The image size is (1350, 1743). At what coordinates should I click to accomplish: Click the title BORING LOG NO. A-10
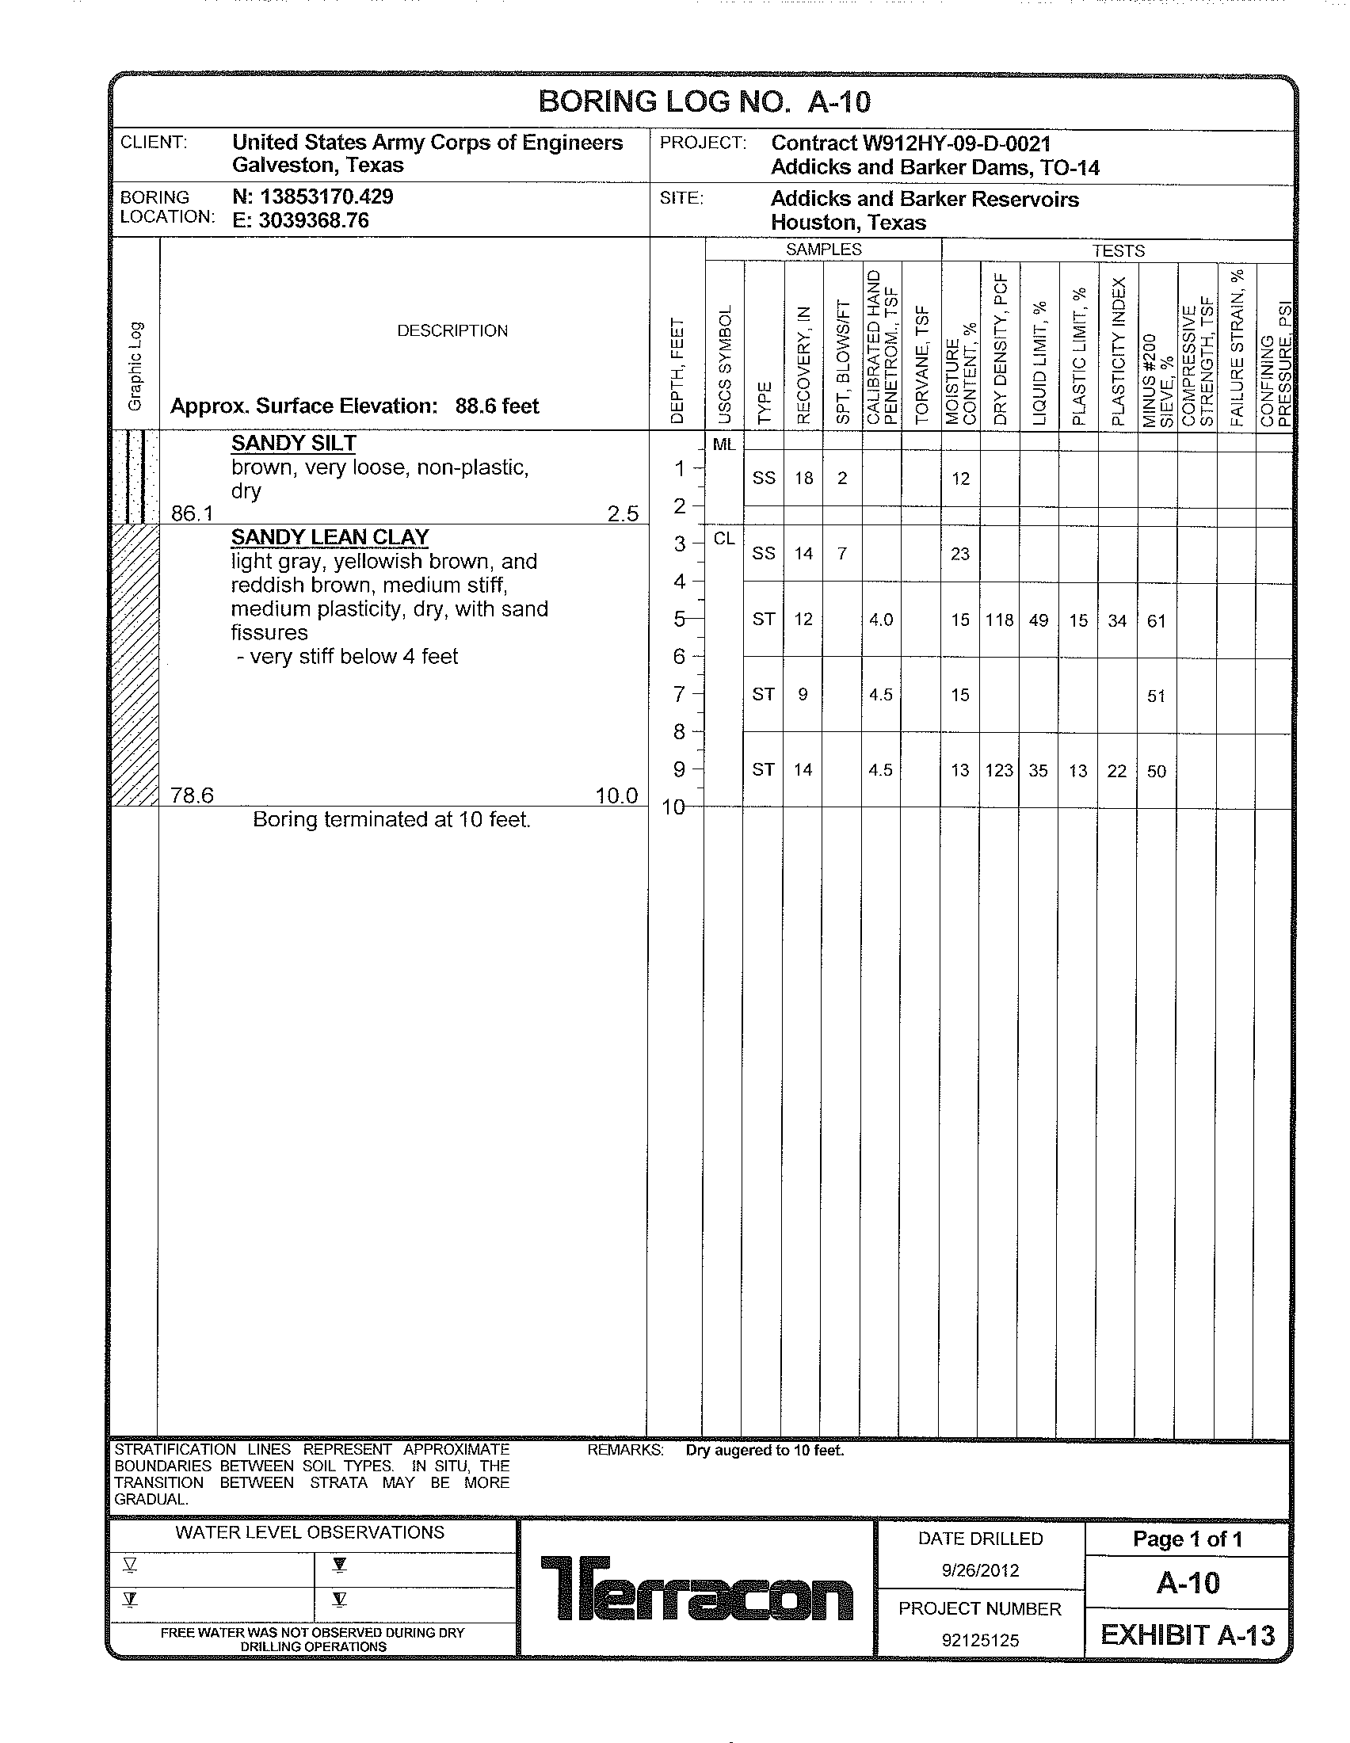pyautogui.click(x=704, y=102)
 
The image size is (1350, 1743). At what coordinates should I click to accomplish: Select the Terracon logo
pyautogui.click(x=696, y=1589)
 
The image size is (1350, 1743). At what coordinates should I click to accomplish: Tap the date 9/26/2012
pyautogui.click(x=980, y=1570)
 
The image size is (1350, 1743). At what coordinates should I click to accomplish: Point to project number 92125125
pyautogui.click(x=980, y=1640)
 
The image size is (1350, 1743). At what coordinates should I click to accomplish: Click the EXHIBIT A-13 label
pyautogui.click(x=1188, y=1635)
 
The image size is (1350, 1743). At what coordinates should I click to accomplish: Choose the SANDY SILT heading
pyautogui.click(x=294, y=444)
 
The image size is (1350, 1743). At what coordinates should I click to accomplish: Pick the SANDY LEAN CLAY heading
pyautogui.click(x=330, y=537)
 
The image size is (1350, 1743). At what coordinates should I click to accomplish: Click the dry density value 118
pyautogui.click(x=999, y=620)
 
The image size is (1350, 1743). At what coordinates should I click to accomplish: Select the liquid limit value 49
pyautogui.click(x=1038, y=620)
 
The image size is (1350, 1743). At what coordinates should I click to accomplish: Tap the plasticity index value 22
pyautogui.click(x=1117, y=771)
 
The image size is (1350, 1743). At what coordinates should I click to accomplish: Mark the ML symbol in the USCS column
pyautogui.click(x=723, y=445)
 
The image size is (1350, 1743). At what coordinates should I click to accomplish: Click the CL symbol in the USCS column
pyautogui.click(x=723, y=540)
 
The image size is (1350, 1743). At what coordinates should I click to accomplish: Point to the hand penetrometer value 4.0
pyautogui.click(x=881, y=620)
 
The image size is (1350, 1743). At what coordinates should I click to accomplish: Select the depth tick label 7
pyautogui.click(x=679, y=694)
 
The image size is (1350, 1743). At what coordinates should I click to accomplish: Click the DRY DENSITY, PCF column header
pyautogui.click(x=1001, y=349)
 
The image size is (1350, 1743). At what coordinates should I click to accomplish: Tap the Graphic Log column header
pyautogui.click(x=135, y=366)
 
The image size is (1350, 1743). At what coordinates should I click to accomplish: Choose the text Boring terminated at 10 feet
pyautogui.click(x=391, y=820)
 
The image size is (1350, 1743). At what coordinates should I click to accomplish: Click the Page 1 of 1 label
pyautogui.click(x=1188, y=1539)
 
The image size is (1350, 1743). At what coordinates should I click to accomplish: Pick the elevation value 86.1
pyautogui.click(x=193, y=513)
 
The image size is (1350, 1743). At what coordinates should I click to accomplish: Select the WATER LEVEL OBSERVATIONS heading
pyautogui.click(x=310, y=1532)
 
